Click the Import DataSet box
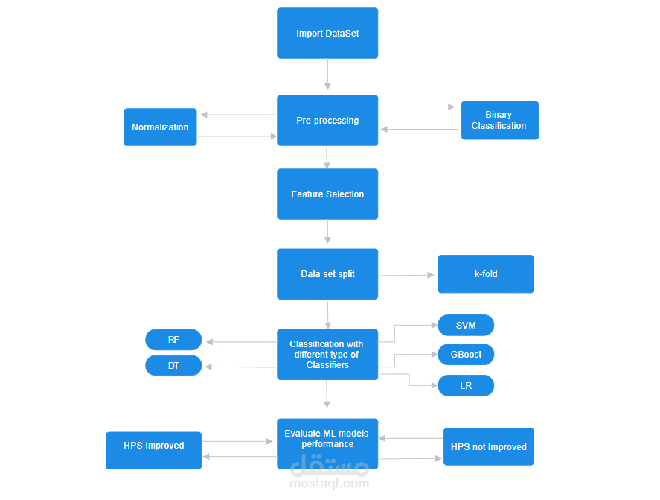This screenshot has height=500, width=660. [327, 33]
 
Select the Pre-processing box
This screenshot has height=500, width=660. [327, 120]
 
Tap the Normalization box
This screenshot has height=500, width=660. [160, 127]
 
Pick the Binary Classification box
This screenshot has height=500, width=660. [499, 120]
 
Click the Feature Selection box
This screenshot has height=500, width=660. [327, 194]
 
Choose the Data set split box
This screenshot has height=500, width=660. [327, 274]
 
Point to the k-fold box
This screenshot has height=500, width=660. [486, 274]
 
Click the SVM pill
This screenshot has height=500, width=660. [466, 325]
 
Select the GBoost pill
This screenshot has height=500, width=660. [466, 355]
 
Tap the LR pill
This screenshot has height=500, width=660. [466, 385]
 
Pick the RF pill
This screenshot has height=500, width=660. [173, 339]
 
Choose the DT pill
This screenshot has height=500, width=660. [173, 365]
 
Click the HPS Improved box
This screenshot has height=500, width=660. [153, 450]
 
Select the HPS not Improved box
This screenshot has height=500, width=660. [489, 446]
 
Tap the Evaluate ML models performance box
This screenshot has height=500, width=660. [327, 443]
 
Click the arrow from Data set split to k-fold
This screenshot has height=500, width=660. [406, 275]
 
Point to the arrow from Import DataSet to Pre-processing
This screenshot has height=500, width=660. [327, 75]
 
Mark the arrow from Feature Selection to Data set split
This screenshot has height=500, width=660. [327, 232]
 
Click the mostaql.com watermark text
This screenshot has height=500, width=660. [329, 483]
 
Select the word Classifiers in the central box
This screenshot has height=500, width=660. [327, 365]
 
